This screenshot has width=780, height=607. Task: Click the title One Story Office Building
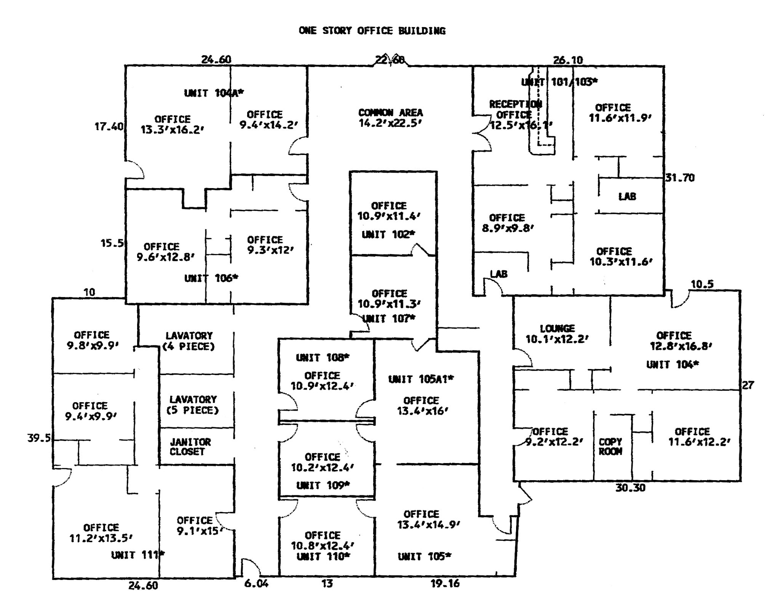coord(372,30)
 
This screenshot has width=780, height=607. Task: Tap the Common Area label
coord(390,118)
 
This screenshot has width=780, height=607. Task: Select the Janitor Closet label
coord(190,447)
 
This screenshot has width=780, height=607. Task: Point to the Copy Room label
coord(610,447)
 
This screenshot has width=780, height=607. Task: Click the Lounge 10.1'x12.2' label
coord(557,334)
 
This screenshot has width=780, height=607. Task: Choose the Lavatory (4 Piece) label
coord(189,341)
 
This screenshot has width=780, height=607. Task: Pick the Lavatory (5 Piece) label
coord(193,405)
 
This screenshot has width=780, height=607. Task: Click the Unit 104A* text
coord(214,93)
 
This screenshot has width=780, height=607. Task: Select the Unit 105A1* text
coord(421,379)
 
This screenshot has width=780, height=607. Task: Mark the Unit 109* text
coord(323,485)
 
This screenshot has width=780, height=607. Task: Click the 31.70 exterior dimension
coord(680,178)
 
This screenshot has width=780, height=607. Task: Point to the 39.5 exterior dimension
coord(39,438)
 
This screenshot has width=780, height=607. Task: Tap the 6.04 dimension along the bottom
coord(256,583)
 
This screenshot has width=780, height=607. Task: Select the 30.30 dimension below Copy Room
coord(630,488)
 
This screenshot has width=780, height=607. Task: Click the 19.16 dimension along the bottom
coord(445,583)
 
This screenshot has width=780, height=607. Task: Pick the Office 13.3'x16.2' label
coord(172,125)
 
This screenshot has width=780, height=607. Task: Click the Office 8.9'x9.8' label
coord(507,223)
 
